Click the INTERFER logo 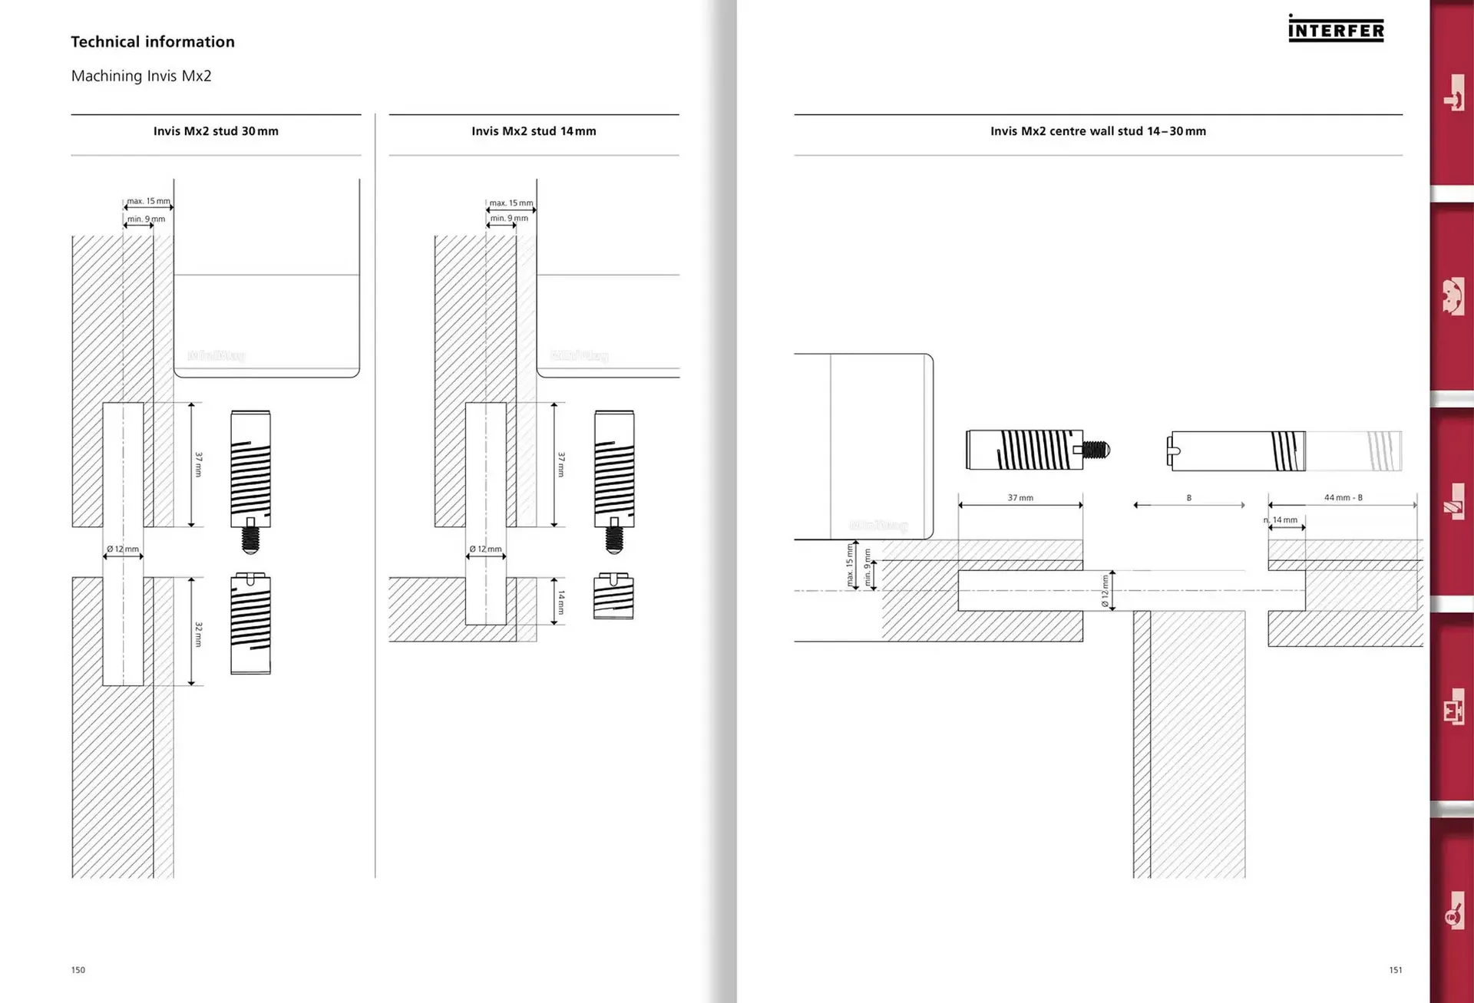click(x=1336, y=29)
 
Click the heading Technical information click(x=153, y=42)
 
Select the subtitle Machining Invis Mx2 click(x=141, y=76)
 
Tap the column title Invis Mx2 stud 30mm click(x=216, y=131)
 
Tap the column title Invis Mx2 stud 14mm click(x=534, y=131)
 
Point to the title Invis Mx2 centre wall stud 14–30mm click(x=1098, y=131)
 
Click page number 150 click(x=78, y=970)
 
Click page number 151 click(x=1396, y=970)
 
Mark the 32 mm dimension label click(x=199, y=634)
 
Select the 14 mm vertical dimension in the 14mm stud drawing click(x=561, y=602)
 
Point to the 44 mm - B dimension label click(x=1343, y=497)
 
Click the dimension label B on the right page click(x=1189, y=498)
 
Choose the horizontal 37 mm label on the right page click(x=1020, y=498)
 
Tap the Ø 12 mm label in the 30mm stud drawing click(x=123, y=549)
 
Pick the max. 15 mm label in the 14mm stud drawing click(x=511, y=203)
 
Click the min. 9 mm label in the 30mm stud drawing click(x=146, y=219)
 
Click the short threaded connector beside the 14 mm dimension click(x=613, y=596)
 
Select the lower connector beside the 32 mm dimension click(x=250, y=623)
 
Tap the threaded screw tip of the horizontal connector click(x=1097, y=450)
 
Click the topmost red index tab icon click(x=1453, y=94)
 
